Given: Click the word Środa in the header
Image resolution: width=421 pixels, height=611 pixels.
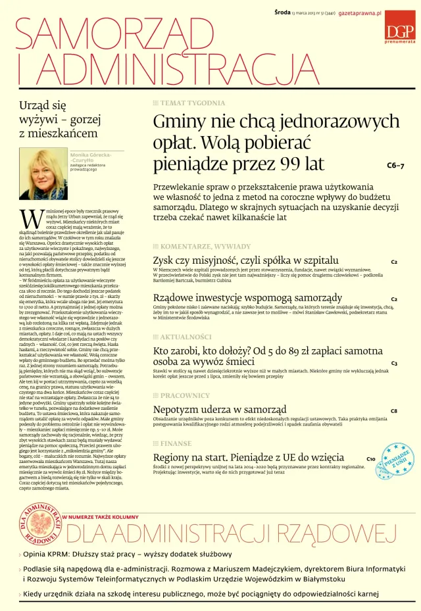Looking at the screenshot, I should pos(284,13).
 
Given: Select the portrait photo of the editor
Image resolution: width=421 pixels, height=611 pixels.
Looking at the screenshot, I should pos(43,173).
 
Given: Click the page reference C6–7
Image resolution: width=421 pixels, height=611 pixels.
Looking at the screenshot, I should pos(395,166).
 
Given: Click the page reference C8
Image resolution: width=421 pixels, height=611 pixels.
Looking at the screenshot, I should pos(393,411).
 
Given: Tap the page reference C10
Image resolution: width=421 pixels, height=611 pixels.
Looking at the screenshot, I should pos(371,458).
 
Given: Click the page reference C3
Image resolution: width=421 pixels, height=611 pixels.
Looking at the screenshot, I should pos(394,363).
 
